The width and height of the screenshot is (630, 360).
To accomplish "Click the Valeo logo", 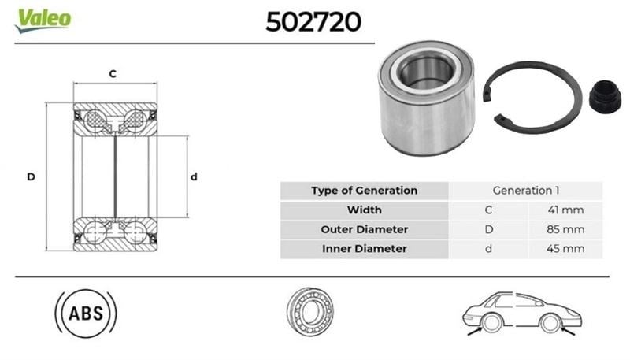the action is [x=43, y=20].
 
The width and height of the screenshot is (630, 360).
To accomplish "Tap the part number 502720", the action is [x=313, y=22].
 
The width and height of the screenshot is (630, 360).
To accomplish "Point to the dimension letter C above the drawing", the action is [x=113, y=74].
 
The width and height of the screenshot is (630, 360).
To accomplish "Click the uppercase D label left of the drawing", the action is [x=31, y=176].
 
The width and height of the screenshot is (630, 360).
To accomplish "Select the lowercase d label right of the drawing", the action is [x=194, y=176].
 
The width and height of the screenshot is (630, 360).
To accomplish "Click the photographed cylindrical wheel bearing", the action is [x=425, y=98].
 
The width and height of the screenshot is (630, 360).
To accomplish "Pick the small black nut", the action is [x=605, y=96].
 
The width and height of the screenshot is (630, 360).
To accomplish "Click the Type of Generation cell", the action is [x=365, y=191].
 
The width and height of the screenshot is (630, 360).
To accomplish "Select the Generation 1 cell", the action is [x=525, y=191].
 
